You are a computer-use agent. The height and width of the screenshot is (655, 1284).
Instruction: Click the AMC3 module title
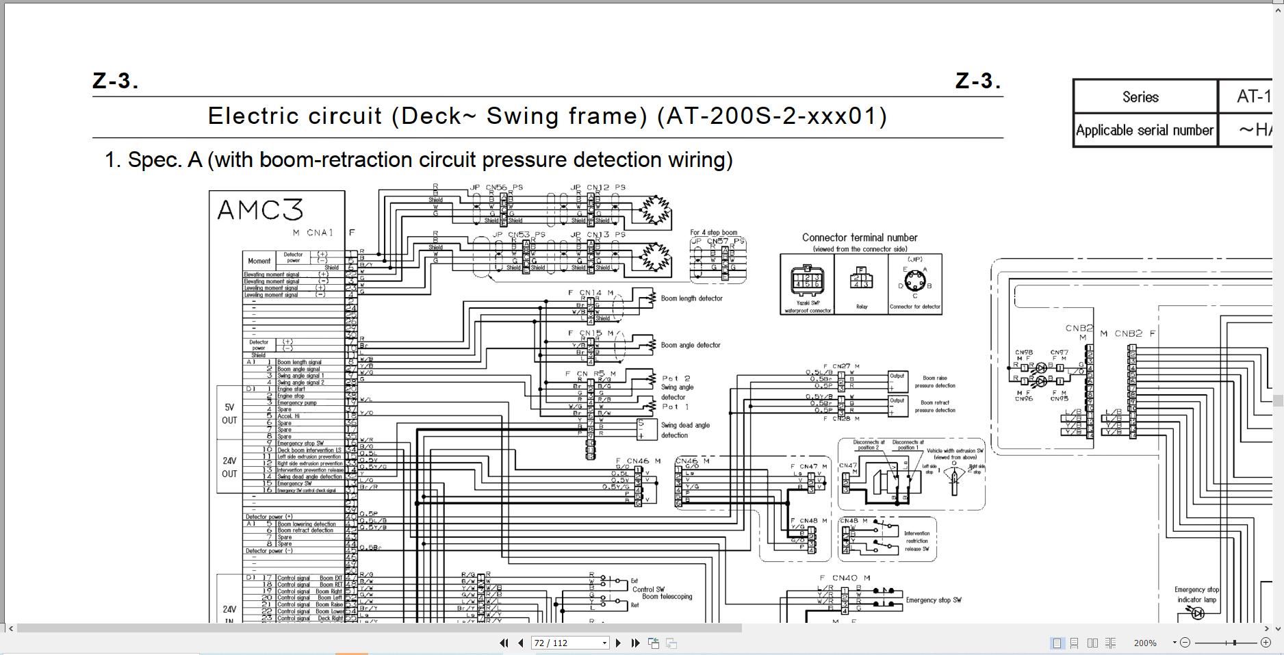click(x=259, y=209)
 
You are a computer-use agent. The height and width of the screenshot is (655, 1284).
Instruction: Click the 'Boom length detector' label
click(x=691, y=298)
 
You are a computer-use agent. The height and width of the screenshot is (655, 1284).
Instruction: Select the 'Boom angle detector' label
click(x=690, y=345)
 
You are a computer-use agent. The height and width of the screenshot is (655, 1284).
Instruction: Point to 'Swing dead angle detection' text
click(x=684, y=430)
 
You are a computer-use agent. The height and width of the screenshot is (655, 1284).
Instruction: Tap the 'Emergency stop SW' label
click(x=933, y=600)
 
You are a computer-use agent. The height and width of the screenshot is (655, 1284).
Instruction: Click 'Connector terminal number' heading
click(x=860, y=237)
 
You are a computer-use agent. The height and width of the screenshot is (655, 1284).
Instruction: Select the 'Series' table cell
click(x=1140, y=97)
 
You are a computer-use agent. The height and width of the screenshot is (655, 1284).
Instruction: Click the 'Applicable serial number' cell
click(x=1144, y=130)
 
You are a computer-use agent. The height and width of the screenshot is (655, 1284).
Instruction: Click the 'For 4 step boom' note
click(x=713, y=233)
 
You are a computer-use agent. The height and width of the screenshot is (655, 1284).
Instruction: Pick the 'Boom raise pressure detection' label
click(x=934, y=382)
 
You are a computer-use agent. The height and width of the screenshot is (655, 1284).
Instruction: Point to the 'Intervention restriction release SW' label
click(x=916, y=541)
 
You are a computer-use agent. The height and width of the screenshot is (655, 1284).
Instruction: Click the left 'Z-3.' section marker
click(x=115, y=81)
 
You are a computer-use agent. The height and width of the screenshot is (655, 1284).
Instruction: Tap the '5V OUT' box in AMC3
click(x=229, y=413)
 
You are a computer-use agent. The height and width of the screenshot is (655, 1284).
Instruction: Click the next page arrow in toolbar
click(x=618, y=643)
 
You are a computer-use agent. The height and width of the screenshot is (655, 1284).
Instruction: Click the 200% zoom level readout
click(x=1145, y=643)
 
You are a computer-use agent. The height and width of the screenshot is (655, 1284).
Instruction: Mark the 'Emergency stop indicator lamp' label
click(x=1197, y=594)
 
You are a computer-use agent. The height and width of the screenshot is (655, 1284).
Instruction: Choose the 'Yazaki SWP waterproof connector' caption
click(x=807, y=307)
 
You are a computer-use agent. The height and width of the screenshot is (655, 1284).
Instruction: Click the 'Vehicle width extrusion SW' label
click(x=955, y=454)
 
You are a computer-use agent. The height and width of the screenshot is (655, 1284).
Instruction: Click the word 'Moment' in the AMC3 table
click(x=259, y=261)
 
